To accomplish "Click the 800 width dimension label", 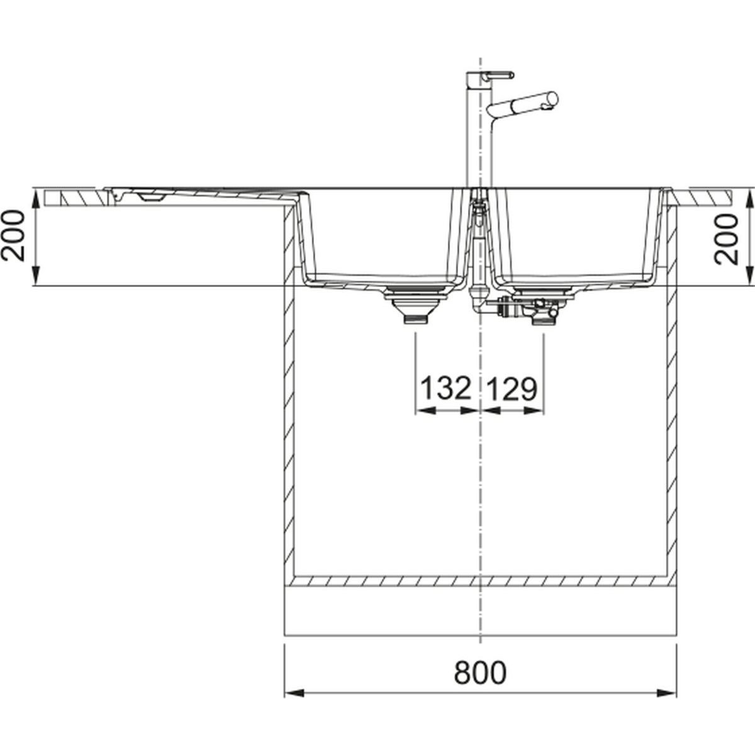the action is tap(480, 673).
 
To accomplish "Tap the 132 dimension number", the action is tap(445, 388).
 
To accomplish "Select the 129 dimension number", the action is tap(512, 388).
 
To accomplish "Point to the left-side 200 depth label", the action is tap(14, 236).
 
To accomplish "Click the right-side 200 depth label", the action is tap(726, 239).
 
